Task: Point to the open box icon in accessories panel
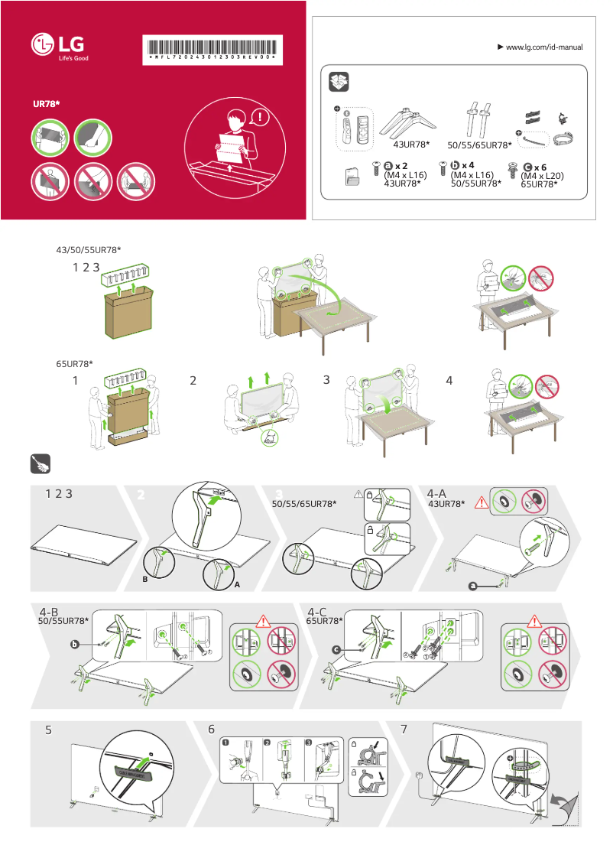coord(338,83)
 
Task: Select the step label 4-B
coord(49,612)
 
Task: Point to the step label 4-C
coord(317,612)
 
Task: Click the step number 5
coord(48,730)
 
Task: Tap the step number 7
coord(414,730)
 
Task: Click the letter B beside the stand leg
coord(144,580)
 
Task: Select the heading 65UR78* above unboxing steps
coord(75,362)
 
